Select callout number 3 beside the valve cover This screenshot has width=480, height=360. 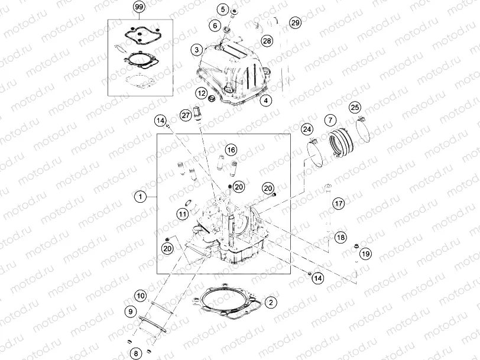click(x=197, y=50)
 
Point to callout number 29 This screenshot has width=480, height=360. click(x=295, y=23)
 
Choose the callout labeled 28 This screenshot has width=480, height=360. click(x=267, y=41)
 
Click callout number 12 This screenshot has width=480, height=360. click(x=202, y=93)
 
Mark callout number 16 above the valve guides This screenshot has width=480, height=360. click(x=230, y=150)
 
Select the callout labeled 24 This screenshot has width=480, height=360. click(x=307, y=129)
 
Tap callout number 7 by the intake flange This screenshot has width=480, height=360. click(x=330, y=120)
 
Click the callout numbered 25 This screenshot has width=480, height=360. click(x=355, y=107)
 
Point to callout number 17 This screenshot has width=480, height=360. click(x=338, y=203)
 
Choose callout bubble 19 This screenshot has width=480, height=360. click(x=365, y=254)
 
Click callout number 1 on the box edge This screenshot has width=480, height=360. click(x=140, y=196)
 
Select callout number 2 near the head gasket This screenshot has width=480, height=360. click(x=270, y=303)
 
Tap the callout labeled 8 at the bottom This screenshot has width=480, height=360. click(x=135, y=353)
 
